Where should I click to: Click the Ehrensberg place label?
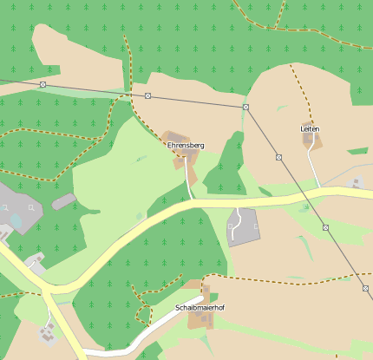click(x=186, y=145)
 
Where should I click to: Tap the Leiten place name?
click(x=310, y=128)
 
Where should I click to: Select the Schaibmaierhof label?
click(x=200, y=308)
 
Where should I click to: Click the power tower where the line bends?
click(x=245, y=107)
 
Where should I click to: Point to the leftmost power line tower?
click(x=43, y=84)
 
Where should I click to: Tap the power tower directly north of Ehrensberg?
click(x=148, y=95)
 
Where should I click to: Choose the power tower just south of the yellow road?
click(x=326, y=227)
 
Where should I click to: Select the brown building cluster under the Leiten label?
click(x=312, y=140)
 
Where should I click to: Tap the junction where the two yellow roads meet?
click(x=45, y=290)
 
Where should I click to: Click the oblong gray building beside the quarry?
click(x=63, y=201)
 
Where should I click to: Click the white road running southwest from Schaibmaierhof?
click(x=139, y=340)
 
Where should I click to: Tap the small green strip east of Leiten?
click(x=359, y=152)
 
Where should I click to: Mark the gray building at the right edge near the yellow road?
click(x=357, y=183)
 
